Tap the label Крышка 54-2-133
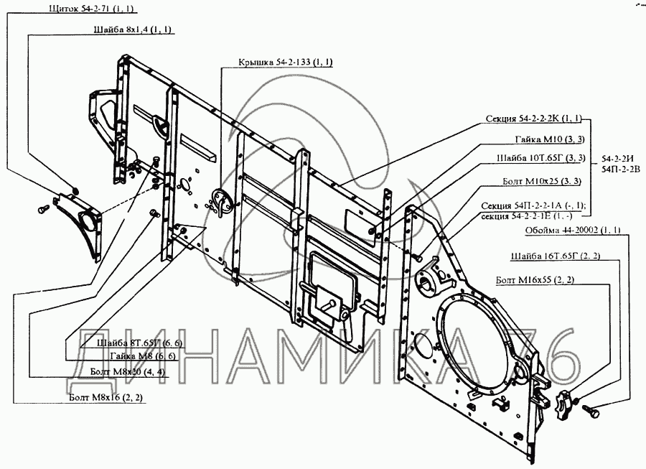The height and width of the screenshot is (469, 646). click(x=286, y=62)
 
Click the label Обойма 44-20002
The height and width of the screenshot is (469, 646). click(x=572, y=230)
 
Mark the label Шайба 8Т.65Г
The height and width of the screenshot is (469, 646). click(x=143, y=343)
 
